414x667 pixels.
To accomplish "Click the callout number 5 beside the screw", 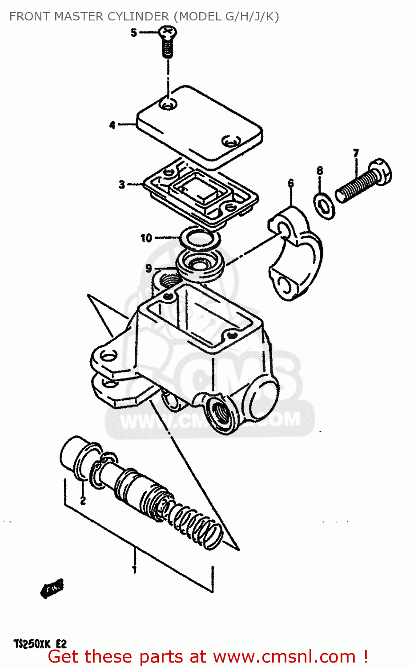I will point(134,32).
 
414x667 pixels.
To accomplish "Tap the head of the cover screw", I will point(168,32).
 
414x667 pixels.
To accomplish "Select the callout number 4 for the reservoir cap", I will point(113,125).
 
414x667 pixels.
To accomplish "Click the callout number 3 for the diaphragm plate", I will point(122,184).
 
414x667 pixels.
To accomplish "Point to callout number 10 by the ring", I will point(146,238).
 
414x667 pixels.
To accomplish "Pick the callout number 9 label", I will point(149,268).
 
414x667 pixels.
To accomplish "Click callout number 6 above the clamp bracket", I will point(291,183).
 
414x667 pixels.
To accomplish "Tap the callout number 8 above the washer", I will point(320,171).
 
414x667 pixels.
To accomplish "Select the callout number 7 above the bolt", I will point(356,153).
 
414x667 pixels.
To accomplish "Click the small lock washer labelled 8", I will point(325,205).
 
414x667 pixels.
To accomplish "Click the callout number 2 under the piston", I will point(83,501).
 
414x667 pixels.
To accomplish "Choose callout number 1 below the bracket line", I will point(134,568).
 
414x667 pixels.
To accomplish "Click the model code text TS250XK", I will point(32,644).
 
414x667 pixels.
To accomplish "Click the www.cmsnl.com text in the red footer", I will point(284,657).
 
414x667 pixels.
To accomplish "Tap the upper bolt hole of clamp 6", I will point(283,228).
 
